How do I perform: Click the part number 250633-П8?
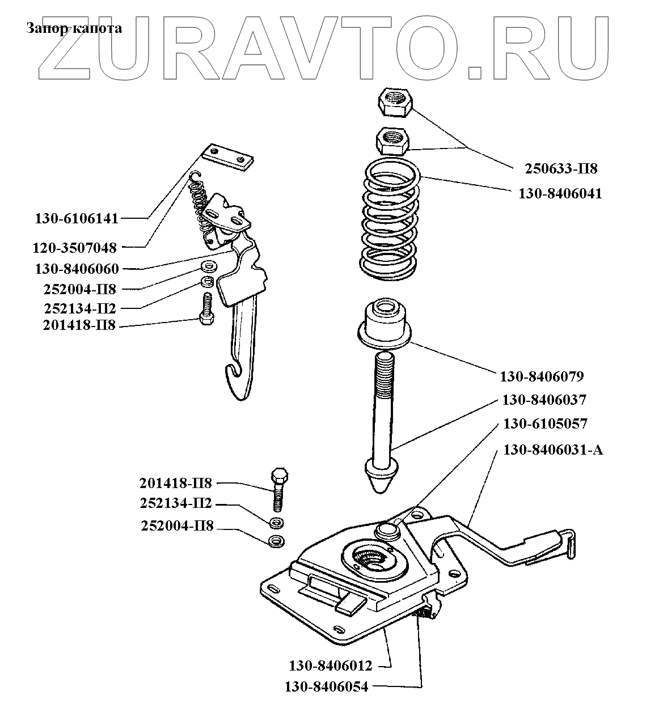(x=561, y=168)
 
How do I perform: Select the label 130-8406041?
(x=560, y=193)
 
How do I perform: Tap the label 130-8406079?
(x=542, y=376)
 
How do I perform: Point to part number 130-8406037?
(x=544, y=400)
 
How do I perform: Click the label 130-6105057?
(x=545, y=424)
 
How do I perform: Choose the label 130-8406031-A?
(x=553, y=450)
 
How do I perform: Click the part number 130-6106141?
(x=77, y=218)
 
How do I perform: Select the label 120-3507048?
(x=75, y=248)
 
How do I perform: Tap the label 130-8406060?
(x=77, y=269)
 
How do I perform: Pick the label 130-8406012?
(x=331, y=665)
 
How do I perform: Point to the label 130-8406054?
(x=327, y=687)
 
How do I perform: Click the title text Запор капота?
(x=74, y=28)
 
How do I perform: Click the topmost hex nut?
(x=395, y=103)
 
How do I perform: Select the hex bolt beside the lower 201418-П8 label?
(x=278, y=489)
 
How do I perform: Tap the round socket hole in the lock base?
(x=371, y=558)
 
